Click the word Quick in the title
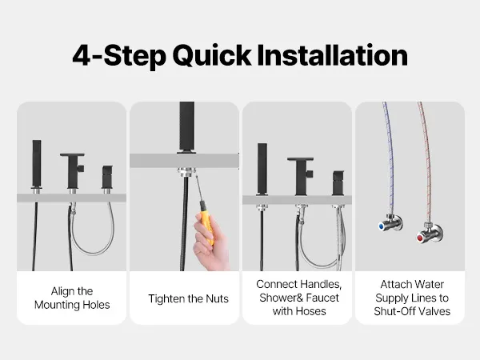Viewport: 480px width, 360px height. coord(212,56)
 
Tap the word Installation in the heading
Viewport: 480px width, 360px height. coord(332,55)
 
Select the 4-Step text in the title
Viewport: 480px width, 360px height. coord(119,56)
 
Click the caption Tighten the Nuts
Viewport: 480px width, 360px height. coord(188,298)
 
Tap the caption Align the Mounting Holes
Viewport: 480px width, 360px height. coord(72,298)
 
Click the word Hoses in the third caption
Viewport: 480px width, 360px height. coord(309,311)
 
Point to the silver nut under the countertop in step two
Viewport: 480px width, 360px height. coord(186,171)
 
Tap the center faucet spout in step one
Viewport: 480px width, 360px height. coord(73,170)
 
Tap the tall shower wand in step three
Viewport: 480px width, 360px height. coord(262,168)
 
